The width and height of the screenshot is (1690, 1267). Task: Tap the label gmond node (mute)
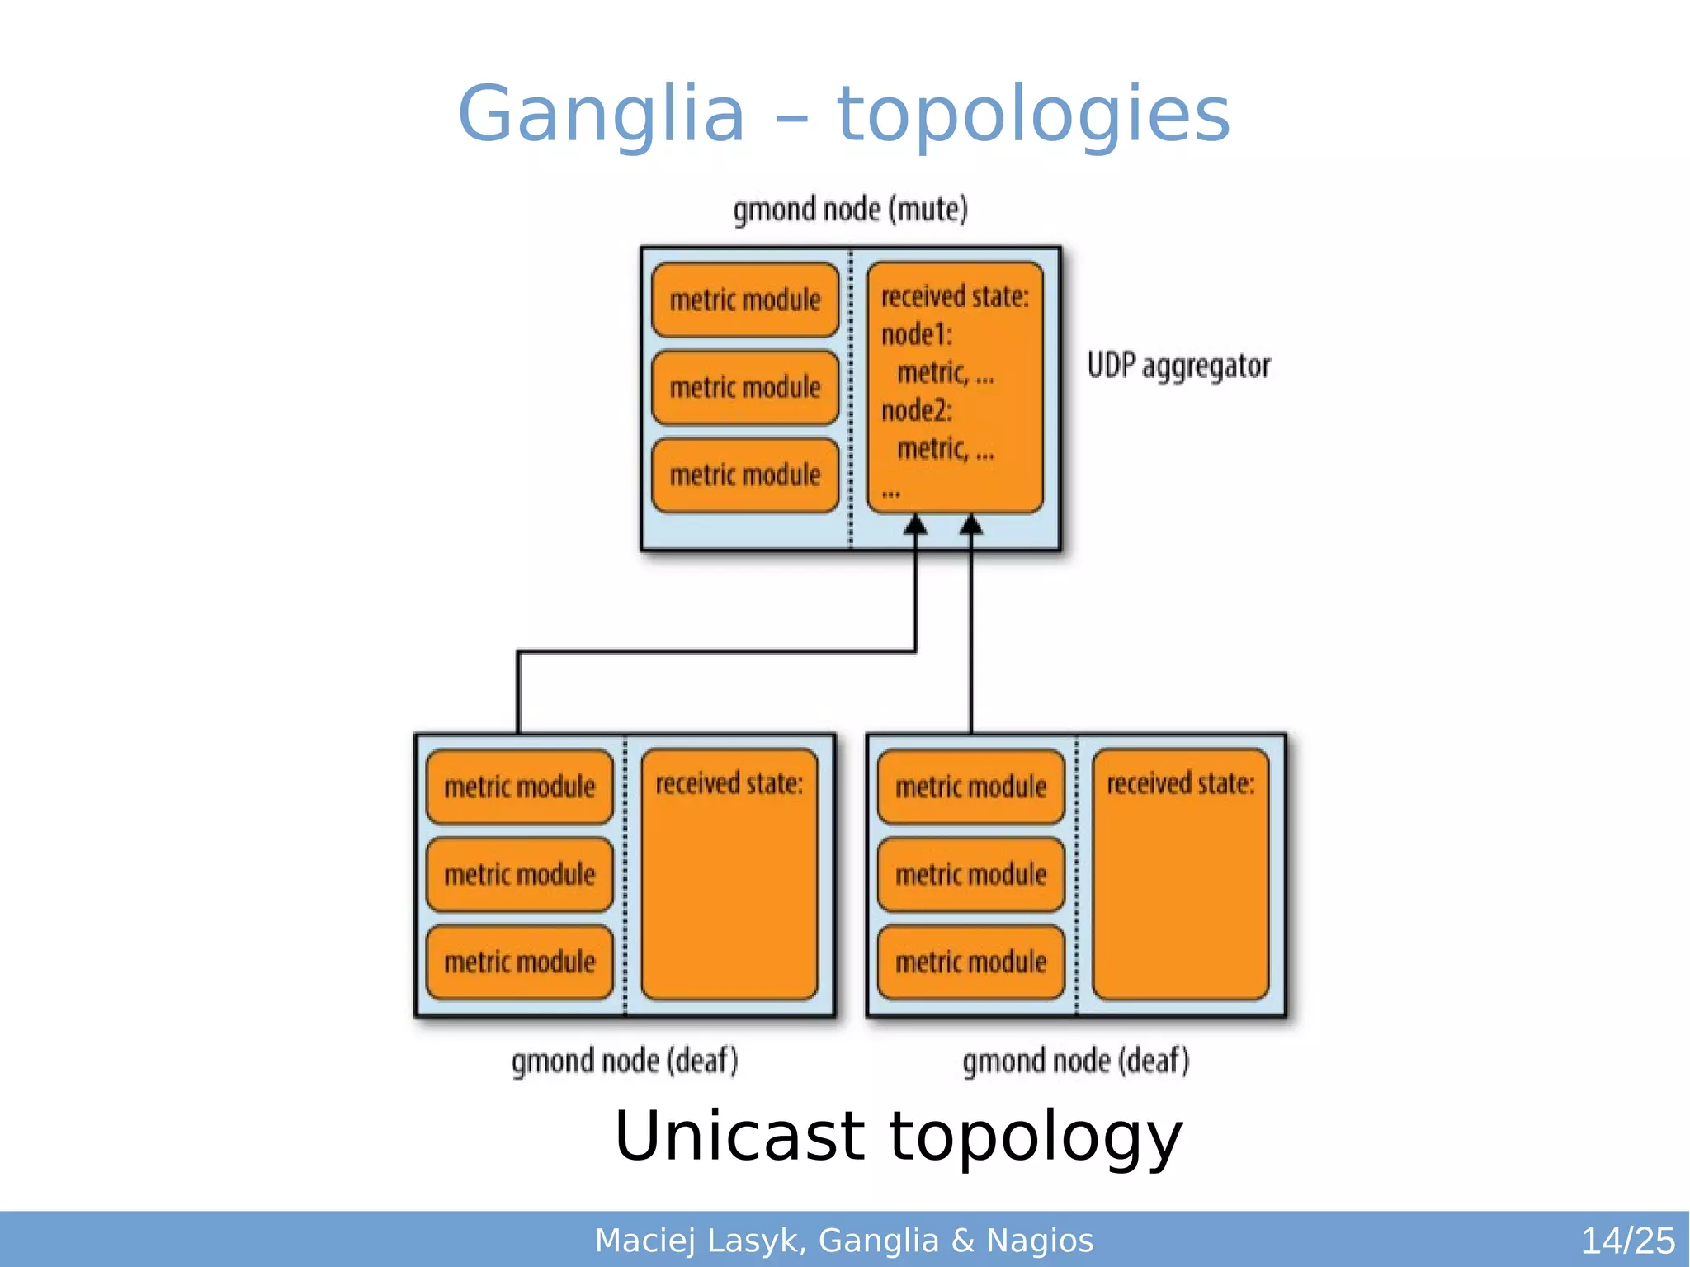coord(850,209)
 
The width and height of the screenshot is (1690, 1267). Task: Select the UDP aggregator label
coord(1178,366)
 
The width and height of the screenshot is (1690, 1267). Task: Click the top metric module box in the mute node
coord(744,300)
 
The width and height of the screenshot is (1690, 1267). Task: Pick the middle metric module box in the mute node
coord(744,387)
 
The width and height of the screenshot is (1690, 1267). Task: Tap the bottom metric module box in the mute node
coord(744,475)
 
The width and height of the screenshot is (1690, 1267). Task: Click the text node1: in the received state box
coord(916,334)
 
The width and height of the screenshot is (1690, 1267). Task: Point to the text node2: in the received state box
coord(916,410)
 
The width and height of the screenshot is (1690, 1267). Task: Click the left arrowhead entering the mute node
coord(915,525)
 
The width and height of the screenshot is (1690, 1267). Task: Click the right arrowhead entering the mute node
coord(971,525)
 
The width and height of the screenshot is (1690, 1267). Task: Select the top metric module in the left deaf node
coord(519,786)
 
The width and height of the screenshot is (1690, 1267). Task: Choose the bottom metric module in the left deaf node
coord(519,962)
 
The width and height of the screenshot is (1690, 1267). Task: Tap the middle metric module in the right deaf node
coord(970,874)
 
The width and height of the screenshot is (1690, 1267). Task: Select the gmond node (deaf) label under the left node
coord(625,1061)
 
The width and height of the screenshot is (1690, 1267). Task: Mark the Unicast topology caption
coord(898,1137)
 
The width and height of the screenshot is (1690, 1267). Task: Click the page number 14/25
coord(1626,1241)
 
